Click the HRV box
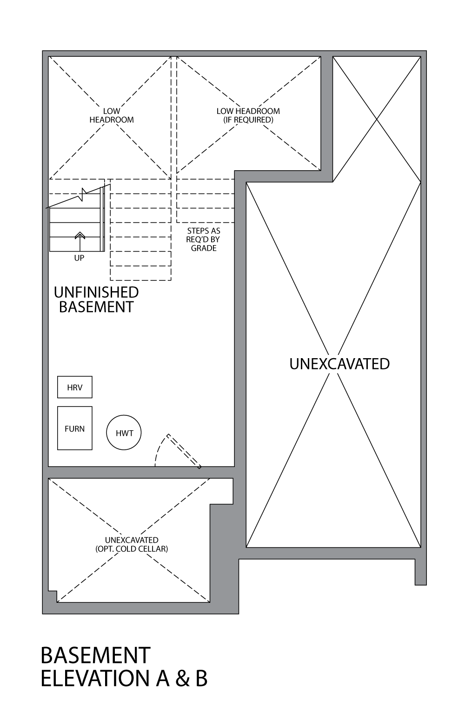pyautogui.click(x=74, y=387)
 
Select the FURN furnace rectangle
pyautogui.click(x=74, y=428)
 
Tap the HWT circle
pyautogui.click(x=124, y=433)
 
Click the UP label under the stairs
pyautogui.click(x=79, y=258)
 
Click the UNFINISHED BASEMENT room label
pyautogui.click(x=96, y=300)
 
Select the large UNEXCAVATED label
pyautogui.click(x=339, y=364)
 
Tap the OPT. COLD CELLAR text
pyautogui.click(x=132, y=549)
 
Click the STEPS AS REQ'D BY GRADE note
pyautogui.click(x=204, y=239)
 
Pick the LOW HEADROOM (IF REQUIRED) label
pyautogui.click(x=248, y=115)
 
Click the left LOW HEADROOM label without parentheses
pyautogui.click(x=112, y=115)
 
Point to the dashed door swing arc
pyautogui.click(x=159, y=447)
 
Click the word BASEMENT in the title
pyautogui.click(x=95, y=655)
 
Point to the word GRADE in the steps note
pyautogui.click(x=204, y=248)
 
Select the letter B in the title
pyautogui.click(x=201, y=679)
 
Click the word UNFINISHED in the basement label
pyautogui.click(x=96, y=292)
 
